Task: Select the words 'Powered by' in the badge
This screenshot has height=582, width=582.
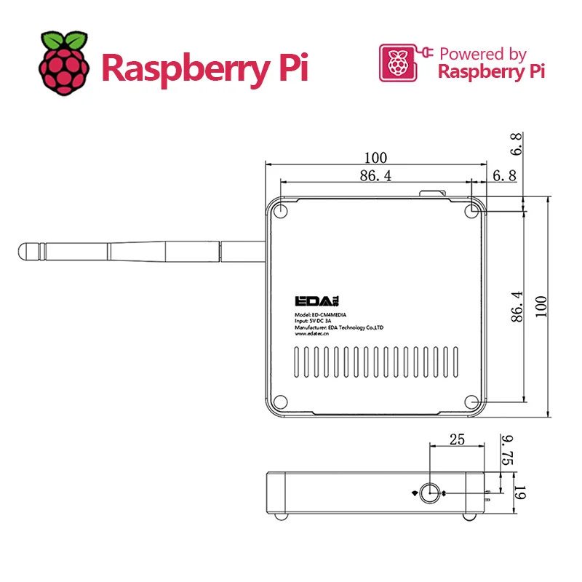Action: pos(482,54)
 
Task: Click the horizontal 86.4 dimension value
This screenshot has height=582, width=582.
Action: pos(375,175)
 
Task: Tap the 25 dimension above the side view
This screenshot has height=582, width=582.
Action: pos(456,439)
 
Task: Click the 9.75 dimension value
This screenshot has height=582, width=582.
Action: pos(508,450)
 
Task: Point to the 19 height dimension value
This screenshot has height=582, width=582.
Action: pos(519,493)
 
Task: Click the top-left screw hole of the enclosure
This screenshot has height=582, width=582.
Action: pos(282,210)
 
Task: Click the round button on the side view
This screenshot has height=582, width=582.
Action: pos(431,493)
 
